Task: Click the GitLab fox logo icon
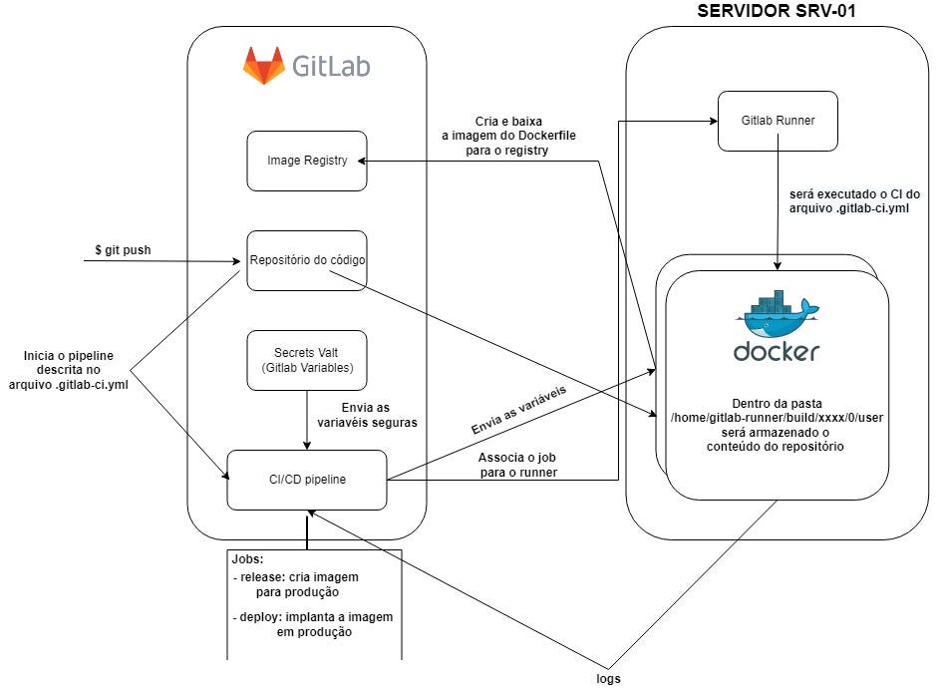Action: point(263,65)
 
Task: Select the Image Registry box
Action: point(307,160)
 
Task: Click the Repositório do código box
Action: point(307,261)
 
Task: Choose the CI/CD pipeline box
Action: point(307,480)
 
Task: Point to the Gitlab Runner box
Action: point(778,121)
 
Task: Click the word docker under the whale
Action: point(778,352)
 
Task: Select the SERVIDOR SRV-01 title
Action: point(779,12)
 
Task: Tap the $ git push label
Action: point(123,250)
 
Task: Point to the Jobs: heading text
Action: point(248,559)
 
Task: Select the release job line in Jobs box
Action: point(297,584)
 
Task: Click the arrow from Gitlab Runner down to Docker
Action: point(778,214)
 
